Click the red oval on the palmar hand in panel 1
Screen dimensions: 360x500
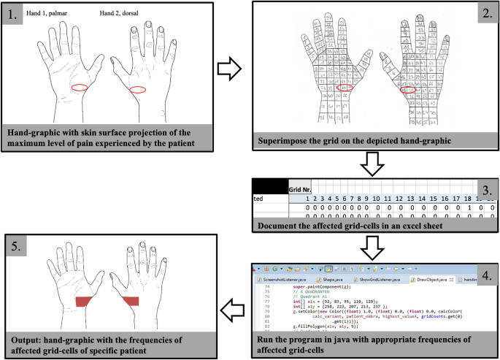(x=80, y=88)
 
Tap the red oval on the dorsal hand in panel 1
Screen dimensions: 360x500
(x=137, y=89)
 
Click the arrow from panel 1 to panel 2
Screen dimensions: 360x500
(x=230, y=71)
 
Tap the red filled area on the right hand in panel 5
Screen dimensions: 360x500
(x=131, y=302)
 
